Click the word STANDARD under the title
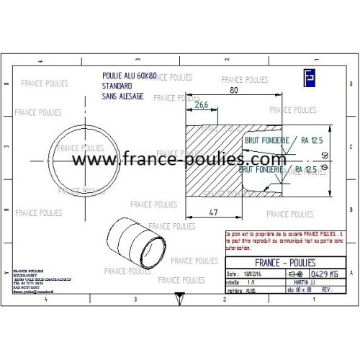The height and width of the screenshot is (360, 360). [x=117, y=85]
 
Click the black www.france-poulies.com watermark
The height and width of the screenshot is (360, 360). [x=180, y=159]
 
